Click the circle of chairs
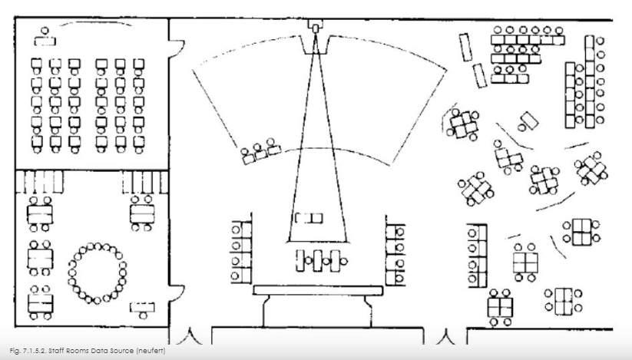(98, 272)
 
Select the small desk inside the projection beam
(309, 218)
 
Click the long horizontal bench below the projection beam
(317, 290)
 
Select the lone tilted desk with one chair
(528, 121)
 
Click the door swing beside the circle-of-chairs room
(176, 297)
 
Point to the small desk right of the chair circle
(142, 309)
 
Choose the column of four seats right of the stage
(395, 251)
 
